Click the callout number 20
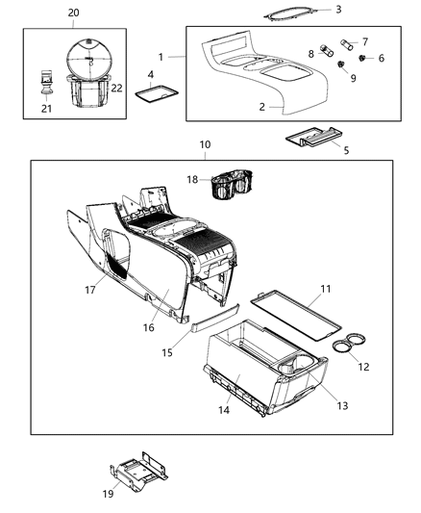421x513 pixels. click(74, 12)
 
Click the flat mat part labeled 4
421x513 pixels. click(152, 93)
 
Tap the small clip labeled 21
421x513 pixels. click(44, 80)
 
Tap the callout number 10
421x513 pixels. click(204, 144)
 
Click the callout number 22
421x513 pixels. click(117, 88)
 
